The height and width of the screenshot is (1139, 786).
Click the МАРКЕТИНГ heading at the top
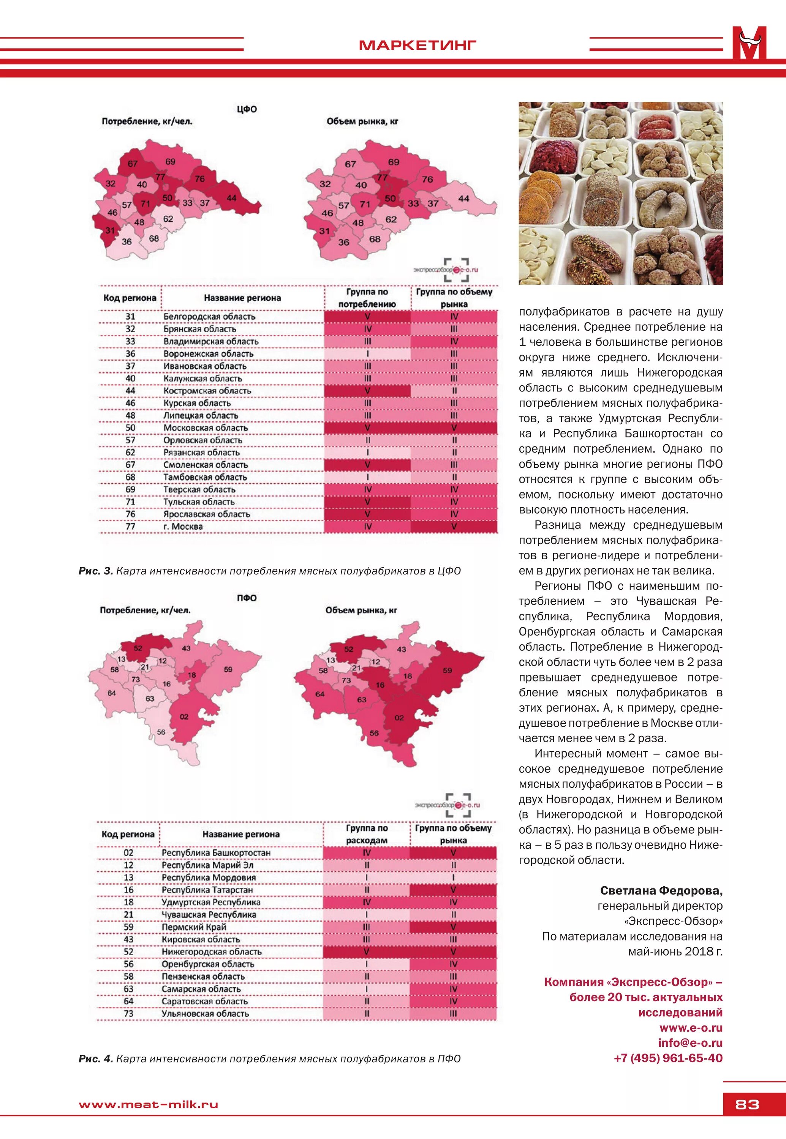pyautogui.click(x=417, y=45)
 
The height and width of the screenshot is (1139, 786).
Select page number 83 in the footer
pyautogui.click(x=746, y=1104)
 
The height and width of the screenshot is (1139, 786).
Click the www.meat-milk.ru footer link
pyautogui.click(x=148, y=1104)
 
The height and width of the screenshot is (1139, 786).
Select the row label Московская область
pyautogui.click(x=206, y=428)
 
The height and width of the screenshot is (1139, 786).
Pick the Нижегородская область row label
pyautogui.click(x=211, y=952)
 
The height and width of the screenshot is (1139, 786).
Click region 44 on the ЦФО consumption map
pyautogui.click(x=231, y=198)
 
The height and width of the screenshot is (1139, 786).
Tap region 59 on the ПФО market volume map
pyautogui.click(x=447, y=670)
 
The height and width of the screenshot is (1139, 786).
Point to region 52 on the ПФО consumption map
pyautogui.click(x=138, y=648)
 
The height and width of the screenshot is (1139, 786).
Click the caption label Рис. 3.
pyautogui.click(x=96, y=571)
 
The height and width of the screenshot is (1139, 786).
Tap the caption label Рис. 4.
pyautogui.click(x=96, y=1059)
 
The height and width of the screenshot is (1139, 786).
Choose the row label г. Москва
pyautogui.click(x=183, y=527)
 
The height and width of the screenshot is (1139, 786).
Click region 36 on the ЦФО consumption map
pyautogui.click(x=127, y=242)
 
